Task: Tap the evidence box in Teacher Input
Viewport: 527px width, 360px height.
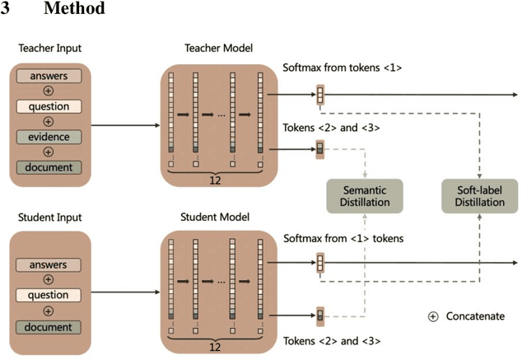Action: (49, 137)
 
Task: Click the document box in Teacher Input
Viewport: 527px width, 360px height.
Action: (49, 167)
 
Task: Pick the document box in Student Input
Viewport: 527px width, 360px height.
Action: (49, 326)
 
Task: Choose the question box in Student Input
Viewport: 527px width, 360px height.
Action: (49, 296)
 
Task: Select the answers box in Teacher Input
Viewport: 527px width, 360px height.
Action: (49, 77)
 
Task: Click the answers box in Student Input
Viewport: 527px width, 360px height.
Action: (49, 265)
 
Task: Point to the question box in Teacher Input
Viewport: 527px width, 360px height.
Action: (49, 107)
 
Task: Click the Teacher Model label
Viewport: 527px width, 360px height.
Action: (219, 49)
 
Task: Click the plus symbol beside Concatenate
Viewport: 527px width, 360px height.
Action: (433, 317)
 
